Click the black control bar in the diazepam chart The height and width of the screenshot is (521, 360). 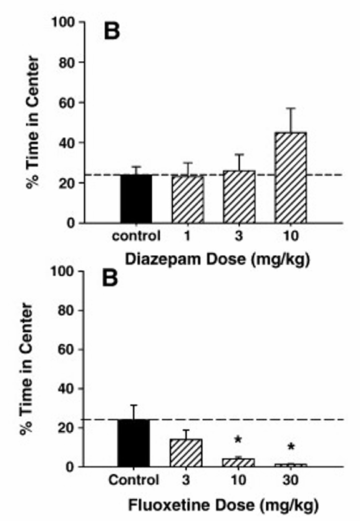[135, 198]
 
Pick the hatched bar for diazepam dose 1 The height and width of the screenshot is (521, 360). [187, 199]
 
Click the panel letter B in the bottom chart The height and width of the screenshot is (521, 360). [110, 279]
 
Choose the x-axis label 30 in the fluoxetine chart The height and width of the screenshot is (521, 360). [289, 480]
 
